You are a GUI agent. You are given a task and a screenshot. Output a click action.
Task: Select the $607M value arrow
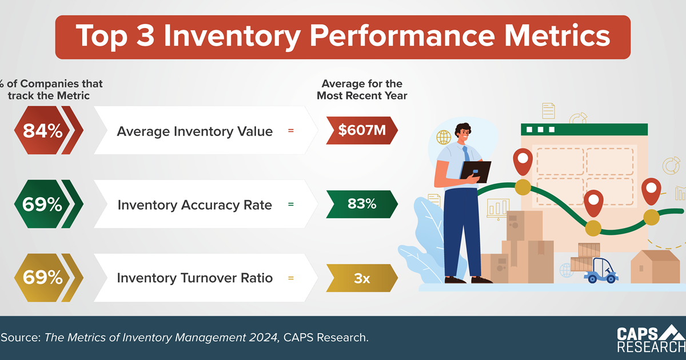tap(361, 131)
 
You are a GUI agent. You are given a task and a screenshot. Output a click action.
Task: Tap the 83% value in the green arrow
tap(362, 203)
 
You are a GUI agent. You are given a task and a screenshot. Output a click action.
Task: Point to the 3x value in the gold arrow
tap(362, 278)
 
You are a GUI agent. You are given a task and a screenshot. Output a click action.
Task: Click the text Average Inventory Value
tap(194, 131)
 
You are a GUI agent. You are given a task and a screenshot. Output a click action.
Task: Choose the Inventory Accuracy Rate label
tap(194, 205)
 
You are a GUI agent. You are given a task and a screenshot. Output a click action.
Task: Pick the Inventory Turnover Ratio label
tap(194, 278)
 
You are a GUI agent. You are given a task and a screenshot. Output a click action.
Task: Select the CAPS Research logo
tap(651, 339)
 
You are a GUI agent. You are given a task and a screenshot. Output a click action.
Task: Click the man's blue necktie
tap(466, 153)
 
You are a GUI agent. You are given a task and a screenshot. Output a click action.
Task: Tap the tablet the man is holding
tap(477, 171)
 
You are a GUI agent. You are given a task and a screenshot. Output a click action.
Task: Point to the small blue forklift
tap(600, 271)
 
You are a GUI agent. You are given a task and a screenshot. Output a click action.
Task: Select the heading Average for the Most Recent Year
tap(362, 90)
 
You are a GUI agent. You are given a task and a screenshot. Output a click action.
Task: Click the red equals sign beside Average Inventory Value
tap(290, 131)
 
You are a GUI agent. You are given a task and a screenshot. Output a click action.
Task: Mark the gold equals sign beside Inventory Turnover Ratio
tap(290, 278)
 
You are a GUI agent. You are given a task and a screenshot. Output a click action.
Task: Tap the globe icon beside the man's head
tap(444, 137)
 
